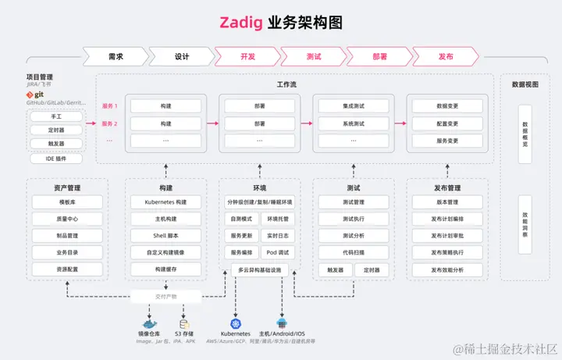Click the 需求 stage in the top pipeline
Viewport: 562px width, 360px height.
[x=116, y=56]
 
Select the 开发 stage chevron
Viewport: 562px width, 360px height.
[x=248, y=56]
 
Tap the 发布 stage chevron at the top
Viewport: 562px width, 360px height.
[x=446, y=56]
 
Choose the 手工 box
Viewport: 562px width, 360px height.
[x=55, y=116]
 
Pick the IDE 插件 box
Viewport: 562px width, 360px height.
[x=55, y=159]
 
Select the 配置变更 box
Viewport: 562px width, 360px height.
[x=447, y=123]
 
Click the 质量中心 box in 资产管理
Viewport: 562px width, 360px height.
[x=66, y=219]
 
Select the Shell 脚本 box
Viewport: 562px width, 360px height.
[x=165, y=235]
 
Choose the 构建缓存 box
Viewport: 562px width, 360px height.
[x=165, y=269]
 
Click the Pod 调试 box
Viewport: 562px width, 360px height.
[x=278, y=252]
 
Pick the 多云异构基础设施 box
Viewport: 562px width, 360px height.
[x=259, y=269]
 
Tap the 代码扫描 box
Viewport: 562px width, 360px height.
[x=354, y=252]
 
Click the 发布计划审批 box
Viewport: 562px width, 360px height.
[x=447, y=235]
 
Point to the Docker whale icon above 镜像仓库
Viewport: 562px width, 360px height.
[x=149, y=323]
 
